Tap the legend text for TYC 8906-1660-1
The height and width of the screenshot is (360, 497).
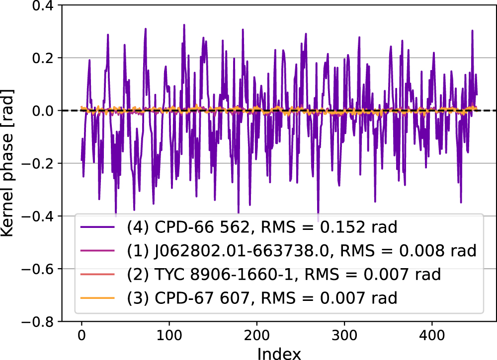[x=286, y=275]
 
